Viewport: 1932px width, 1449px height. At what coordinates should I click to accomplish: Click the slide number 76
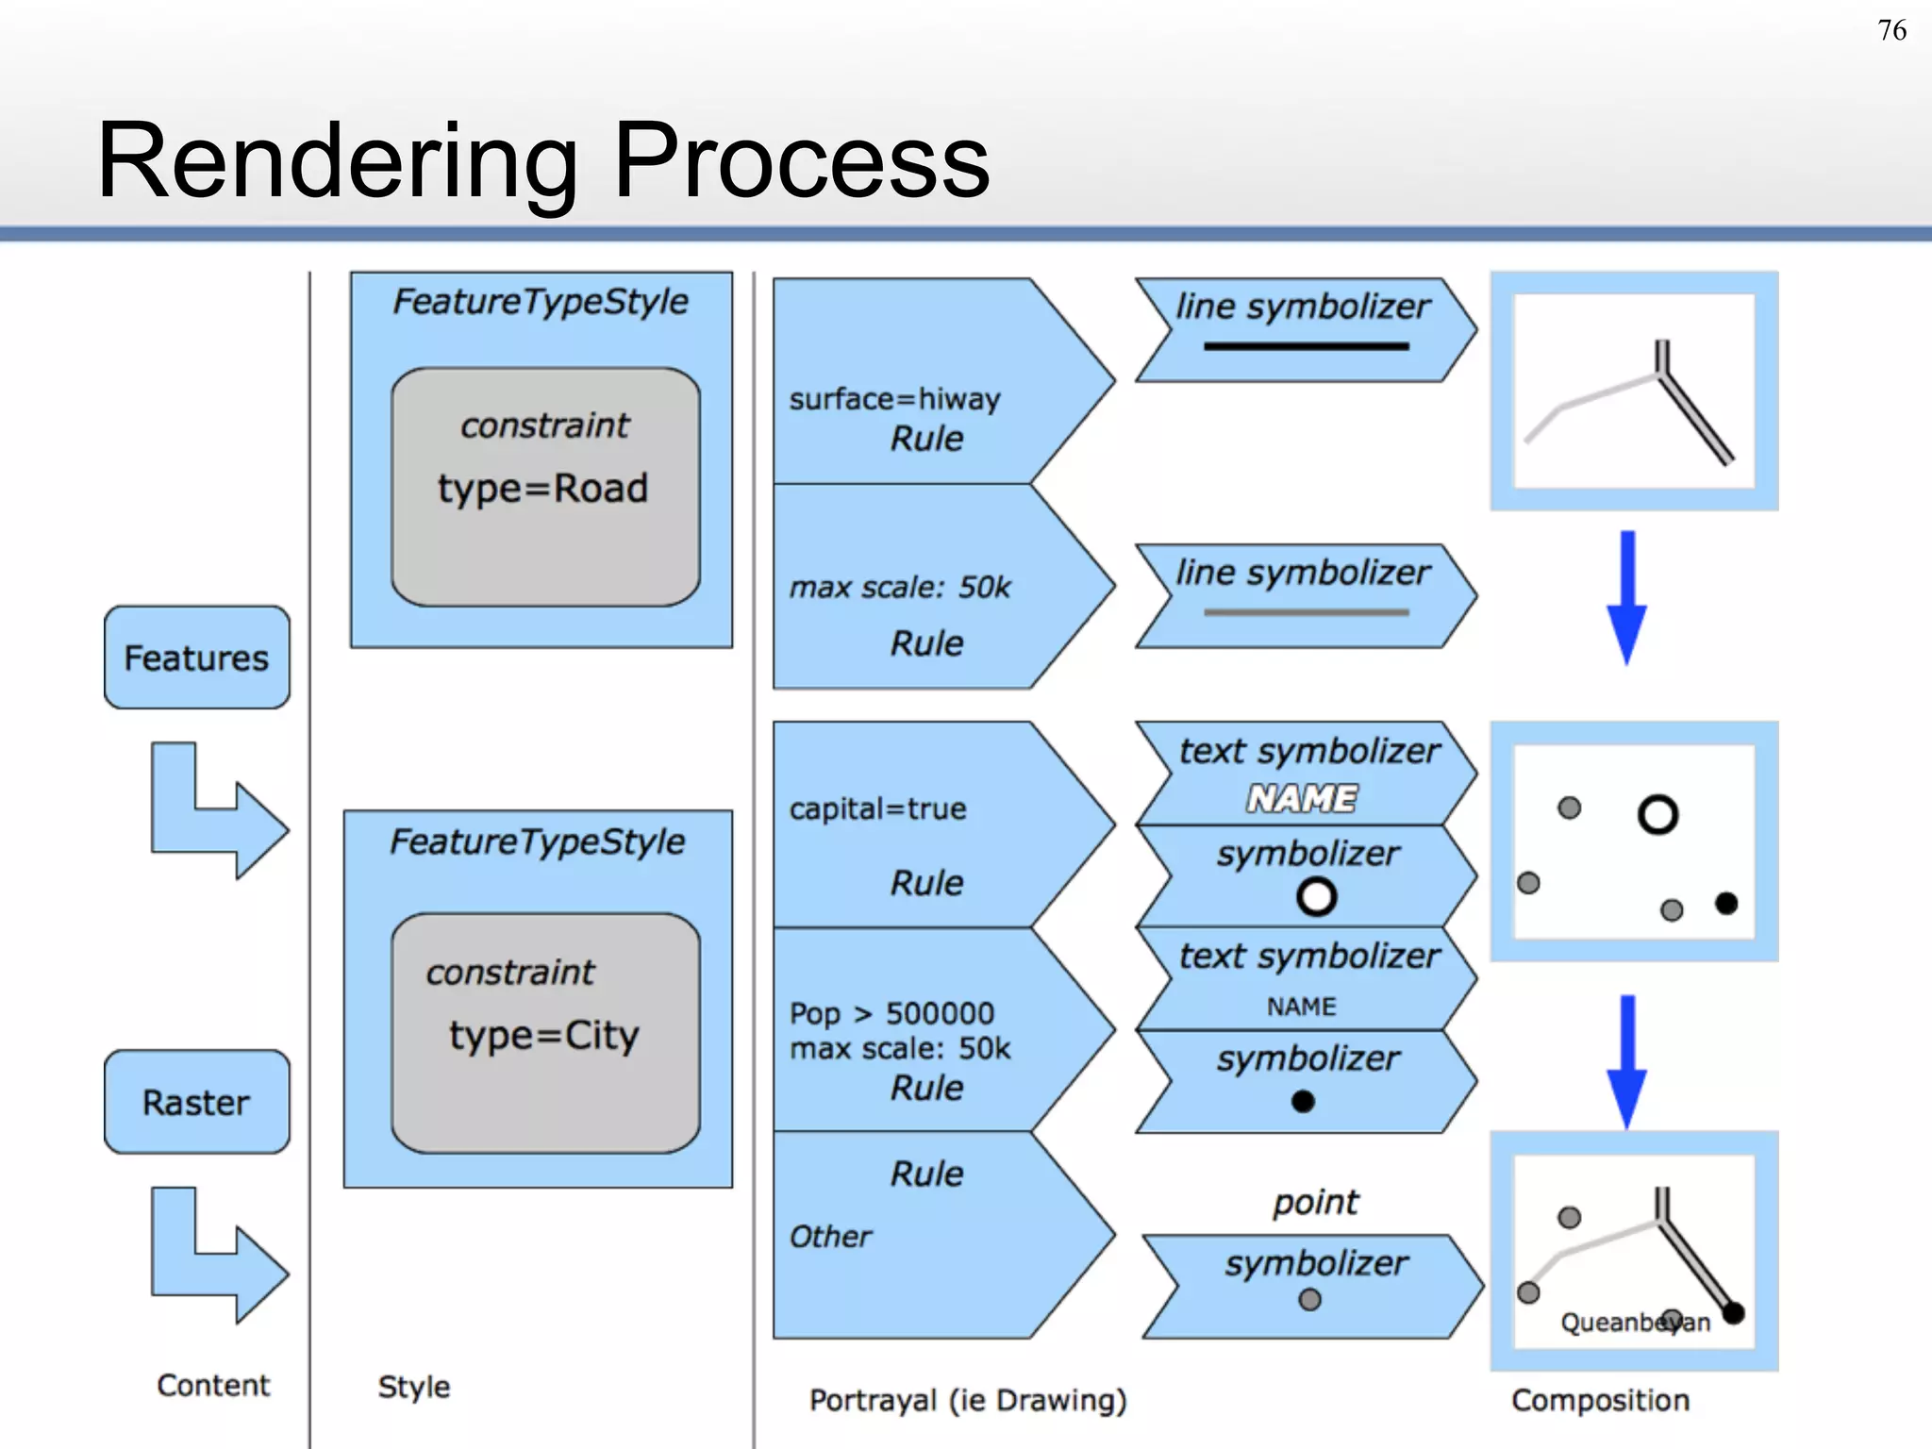coord(1890,31)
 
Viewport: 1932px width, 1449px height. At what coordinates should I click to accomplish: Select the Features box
coord(196,658)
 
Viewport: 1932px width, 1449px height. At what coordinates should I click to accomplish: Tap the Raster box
coord(196,1102)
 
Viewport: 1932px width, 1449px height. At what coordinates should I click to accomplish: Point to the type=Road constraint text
coord(542,489)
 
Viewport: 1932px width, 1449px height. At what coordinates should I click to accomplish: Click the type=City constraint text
coord(543,1036)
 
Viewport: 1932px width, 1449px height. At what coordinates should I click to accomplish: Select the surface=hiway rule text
coord(894,400)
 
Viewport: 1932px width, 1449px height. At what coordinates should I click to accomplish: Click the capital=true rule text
coord(877,809)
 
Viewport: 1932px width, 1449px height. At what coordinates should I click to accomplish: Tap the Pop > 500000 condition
coord(891,1014)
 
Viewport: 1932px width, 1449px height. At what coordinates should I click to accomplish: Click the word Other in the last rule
coord(829,1237)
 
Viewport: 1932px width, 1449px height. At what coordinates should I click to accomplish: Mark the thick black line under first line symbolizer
coord(1306,347)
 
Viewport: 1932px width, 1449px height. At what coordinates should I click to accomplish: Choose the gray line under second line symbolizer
coord(1306,613)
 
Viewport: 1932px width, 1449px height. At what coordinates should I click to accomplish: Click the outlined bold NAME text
coord(1302,799)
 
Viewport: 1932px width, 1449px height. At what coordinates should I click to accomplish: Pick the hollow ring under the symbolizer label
coord(1316,897)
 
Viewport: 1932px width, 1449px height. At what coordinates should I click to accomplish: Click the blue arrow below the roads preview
coord(1627,599)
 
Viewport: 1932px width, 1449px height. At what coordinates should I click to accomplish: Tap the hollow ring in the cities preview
coord(1657,815)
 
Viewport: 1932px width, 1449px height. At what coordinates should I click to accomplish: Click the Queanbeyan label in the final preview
coord(1634,1323)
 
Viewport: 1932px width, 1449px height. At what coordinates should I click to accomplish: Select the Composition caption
coord(1600,1401)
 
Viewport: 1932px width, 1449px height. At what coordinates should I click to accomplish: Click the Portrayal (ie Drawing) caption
coord(968,1401)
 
